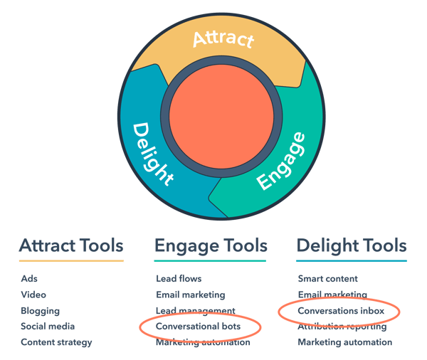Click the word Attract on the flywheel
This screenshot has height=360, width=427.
pos(223,38)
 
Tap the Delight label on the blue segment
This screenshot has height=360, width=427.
pos(154,153)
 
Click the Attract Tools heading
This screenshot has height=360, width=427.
pos(70,246)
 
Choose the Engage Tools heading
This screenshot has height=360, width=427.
pos(210,246)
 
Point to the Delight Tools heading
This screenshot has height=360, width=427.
pos(351,246)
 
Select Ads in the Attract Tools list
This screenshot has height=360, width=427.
pos(29,279)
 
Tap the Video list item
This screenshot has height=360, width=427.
pos(33,295)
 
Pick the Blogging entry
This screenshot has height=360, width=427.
pos(40,311)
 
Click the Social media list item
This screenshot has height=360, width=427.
pos(47,327)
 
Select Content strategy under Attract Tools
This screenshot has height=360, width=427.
pos(56,342)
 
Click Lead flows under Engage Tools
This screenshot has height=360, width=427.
pos(179,279)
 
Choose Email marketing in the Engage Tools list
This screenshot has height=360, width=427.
pos(190,295)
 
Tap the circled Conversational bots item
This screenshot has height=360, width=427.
pos(199,327)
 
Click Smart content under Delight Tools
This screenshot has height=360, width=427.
pos(327,279)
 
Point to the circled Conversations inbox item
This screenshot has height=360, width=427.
pos(341,311)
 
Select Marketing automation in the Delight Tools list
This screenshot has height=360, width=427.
pos(344,342)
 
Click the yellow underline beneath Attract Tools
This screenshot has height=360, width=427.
pos(70,261)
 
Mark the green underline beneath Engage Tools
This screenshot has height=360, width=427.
pos(210,261)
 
